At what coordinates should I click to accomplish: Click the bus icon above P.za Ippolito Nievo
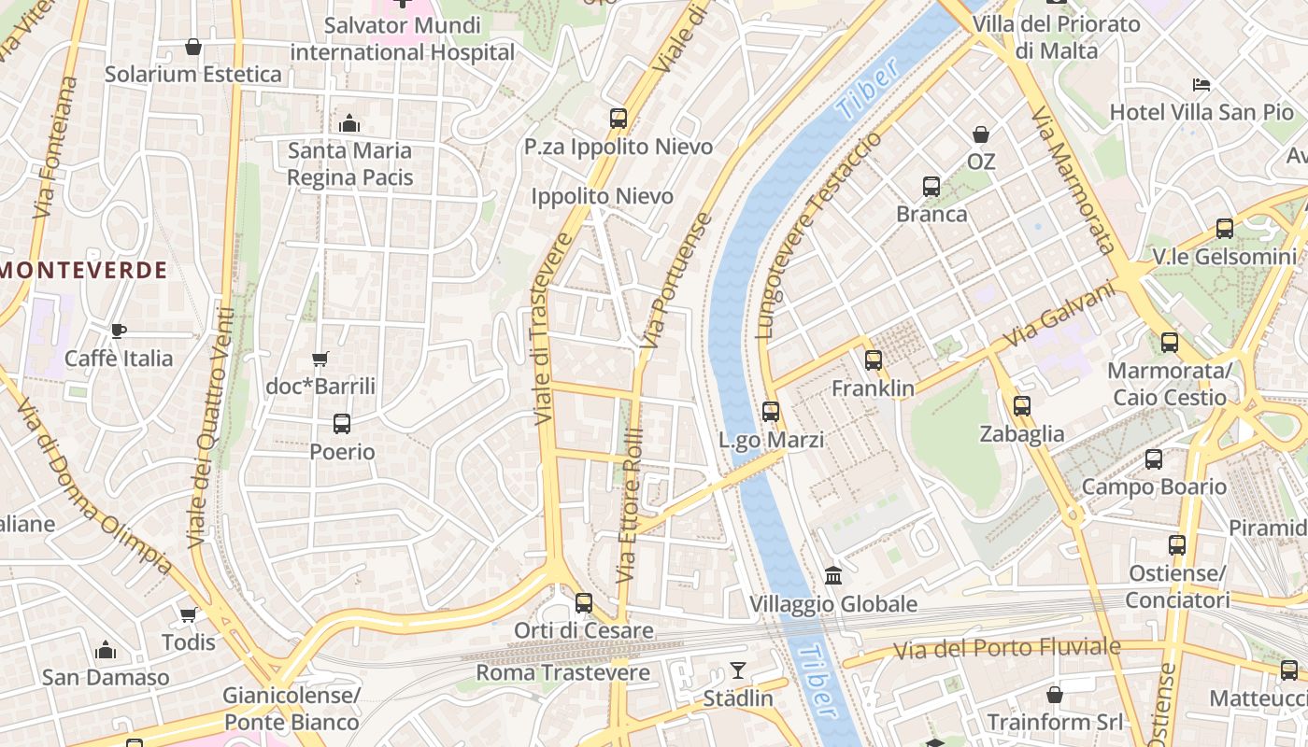(x=618, y=119)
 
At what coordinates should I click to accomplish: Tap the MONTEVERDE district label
(x=84, y=271)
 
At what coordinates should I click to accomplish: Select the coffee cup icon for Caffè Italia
(x=119, y=331)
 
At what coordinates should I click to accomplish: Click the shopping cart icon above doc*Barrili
(x=320, y=359)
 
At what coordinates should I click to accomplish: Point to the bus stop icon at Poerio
(x=342, y=424)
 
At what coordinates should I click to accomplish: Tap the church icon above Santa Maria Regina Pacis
(x=349, y=123)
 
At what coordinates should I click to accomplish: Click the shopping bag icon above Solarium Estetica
(x=193, y=46)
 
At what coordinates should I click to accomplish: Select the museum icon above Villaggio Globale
(x=833, y=576)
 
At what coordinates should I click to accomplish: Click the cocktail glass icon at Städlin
(x=738, y=670)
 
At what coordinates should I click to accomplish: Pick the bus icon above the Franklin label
(x=874, y=359)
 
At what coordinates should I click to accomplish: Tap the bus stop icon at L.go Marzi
(x=771, y=411)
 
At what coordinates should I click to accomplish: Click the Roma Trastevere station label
(x=562, y=672)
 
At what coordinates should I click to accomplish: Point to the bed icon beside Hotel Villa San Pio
(x=1201, y=85)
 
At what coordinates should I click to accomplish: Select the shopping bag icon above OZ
(x=981, y=134)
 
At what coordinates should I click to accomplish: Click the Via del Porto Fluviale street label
(x=1007, y=648)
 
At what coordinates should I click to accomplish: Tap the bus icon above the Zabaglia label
(x=1022, y=406)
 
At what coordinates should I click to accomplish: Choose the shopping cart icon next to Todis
(x=189, y=614)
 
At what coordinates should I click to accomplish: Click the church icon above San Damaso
(x=106, y=650)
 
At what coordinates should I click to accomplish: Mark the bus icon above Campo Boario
(x=1154, y=459)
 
